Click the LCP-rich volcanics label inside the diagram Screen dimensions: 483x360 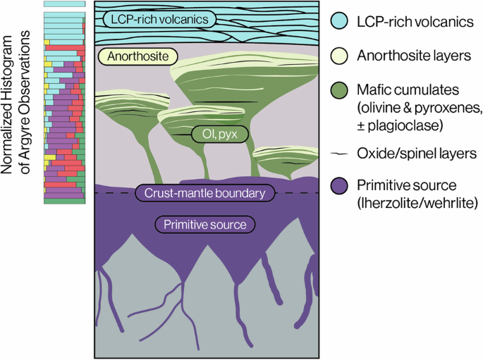click(159, 20)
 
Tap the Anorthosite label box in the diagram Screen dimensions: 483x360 click(138, 56)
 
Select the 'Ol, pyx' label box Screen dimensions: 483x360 click(220, 134)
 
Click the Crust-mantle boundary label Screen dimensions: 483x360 click(205, 193)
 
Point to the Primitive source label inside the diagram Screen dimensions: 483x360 click(205, 224)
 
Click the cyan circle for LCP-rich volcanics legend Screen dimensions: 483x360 click(339, 21)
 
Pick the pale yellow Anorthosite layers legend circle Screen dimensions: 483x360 click(339, 56)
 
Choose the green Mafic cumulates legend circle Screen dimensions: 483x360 click(339, 90)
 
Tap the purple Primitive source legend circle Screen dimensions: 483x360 click(339, 185)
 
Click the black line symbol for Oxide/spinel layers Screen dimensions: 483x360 click(339, 154)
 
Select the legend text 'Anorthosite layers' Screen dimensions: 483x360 click(414, 56)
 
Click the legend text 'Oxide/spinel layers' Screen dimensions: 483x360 click(417, 154)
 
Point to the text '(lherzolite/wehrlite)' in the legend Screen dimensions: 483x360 click(417, 203)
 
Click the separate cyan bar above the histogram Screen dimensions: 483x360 click(64, 4)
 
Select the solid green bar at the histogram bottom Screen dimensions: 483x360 click(64, 201)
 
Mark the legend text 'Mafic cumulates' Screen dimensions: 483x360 click(408, 90)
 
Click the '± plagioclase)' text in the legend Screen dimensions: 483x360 click(400, 125)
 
